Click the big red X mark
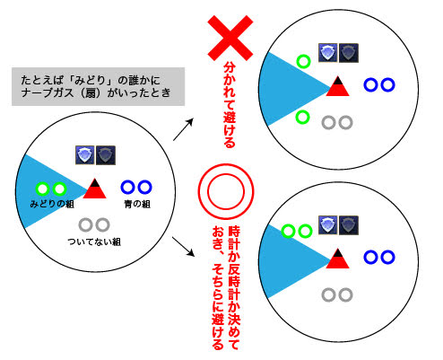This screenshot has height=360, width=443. tap(230, 38)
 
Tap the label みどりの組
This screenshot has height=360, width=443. tap(52, 204)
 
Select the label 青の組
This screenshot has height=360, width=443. tap(137, 204)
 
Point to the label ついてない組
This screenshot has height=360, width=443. tap(94, 241)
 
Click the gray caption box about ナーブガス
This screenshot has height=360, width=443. tap(98, 86)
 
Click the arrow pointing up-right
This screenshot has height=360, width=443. tap(184, 129)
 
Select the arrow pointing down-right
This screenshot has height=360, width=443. tap(183, 247)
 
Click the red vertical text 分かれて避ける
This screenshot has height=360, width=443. tap(230, 105)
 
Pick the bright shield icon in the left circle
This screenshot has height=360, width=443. tap(85, 155)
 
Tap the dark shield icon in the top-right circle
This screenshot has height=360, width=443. tap(349, 53)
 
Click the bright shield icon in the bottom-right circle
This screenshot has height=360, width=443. tap(328, 225)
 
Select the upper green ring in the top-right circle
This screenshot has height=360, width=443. tap(303, 61)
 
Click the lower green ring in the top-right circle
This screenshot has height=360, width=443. tap(302, 117)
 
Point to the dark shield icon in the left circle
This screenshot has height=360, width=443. tap(106, 155)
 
